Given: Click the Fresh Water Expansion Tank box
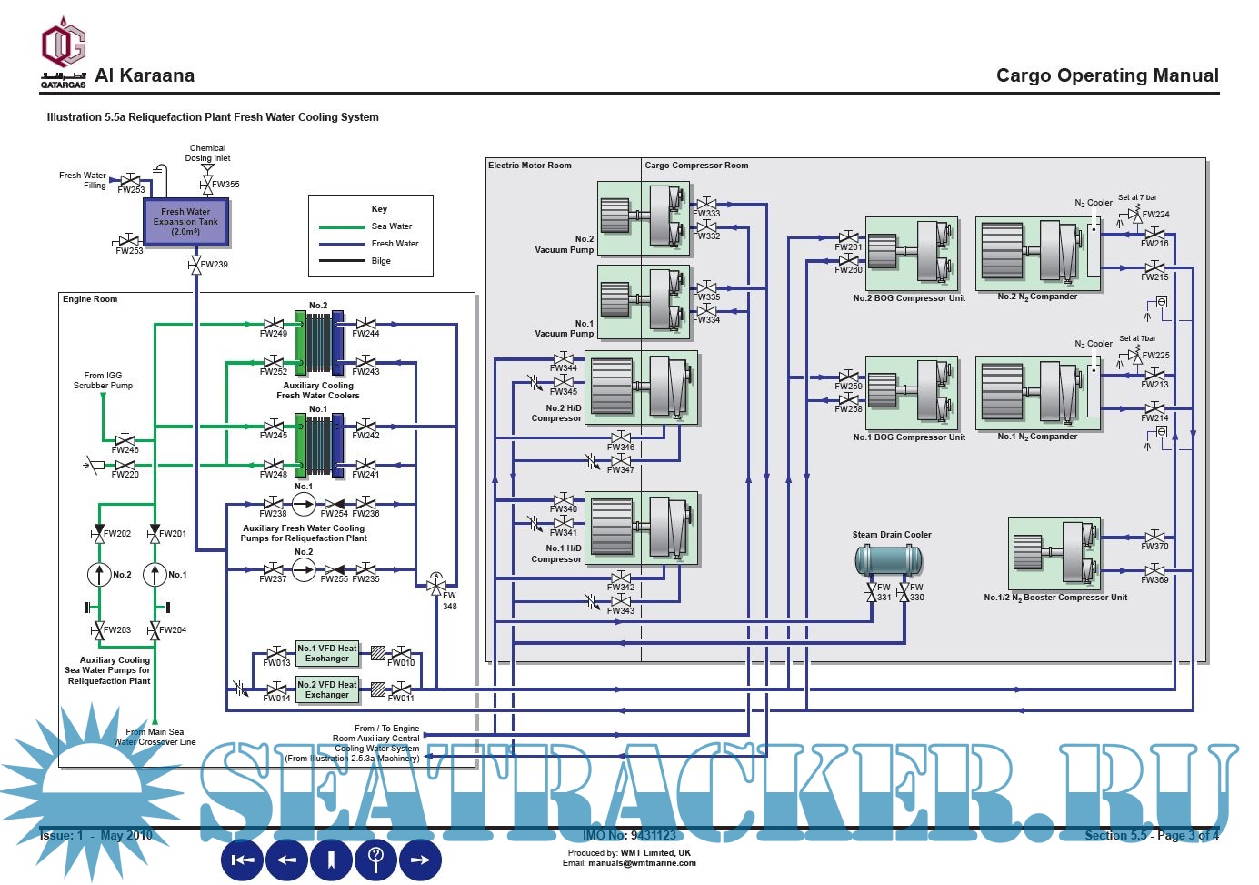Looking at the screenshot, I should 185,222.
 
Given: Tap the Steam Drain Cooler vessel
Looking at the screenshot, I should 888,559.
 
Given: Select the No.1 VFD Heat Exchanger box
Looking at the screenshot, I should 327,653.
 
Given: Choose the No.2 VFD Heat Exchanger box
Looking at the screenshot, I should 327,689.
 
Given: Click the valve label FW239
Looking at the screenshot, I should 215,265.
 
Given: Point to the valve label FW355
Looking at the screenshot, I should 225,185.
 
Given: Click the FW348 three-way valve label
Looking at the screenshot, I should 449,601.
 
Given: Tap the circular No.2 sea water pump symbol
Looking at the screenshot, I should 99,575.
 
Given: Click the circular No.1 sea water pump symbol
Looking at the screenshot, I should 155,575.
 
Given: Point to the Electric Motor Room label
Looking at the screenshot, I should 530,166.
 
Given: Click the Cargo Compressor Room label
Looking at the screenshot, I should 696,166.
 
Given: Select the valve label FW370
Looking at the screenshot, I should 1154,547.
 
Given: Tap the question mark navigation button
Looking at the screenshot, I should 375,860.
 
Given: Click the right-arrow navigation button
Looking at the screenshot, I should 420,860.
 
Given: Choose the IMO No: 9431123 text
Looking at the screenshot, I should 629,835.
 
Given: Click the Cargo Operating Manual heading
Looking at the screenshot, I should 1107,75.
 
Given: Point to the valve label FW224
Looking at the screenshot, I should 1155,215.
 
